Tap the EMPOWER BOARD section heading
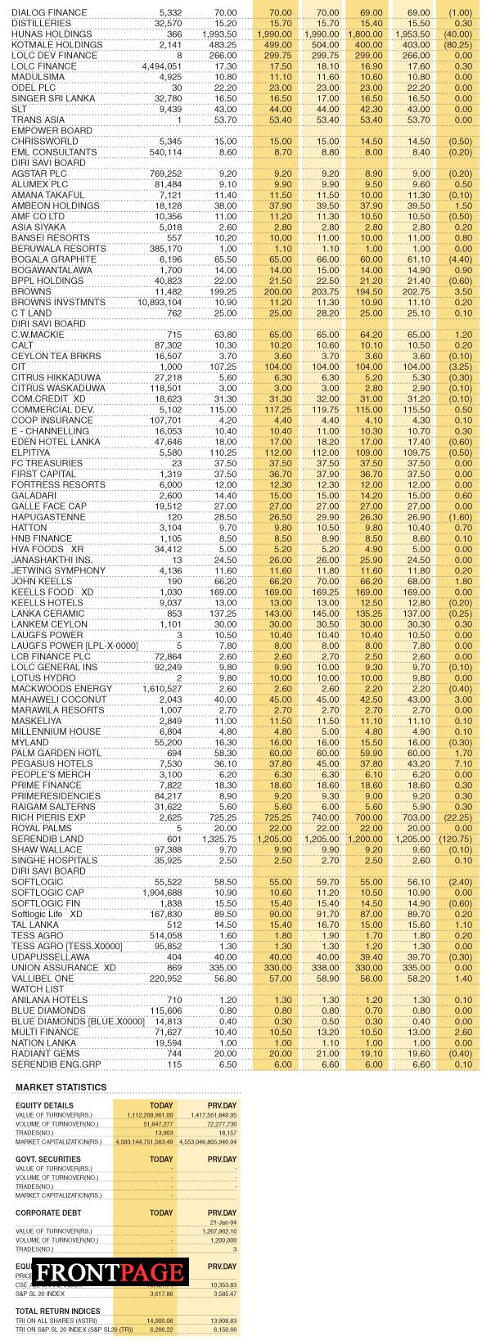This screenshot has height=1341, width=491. click(52, 131)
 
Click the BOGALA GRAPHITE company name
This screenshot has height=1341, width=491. click(54, 259)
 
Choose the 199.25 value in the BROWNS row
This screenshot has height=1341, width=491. click(222, 291)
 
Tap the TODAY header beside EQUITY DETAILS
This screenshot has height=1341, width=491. click(161, 1105)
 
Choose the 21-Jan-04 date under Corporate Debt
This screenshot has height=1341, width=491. click(222, 1222)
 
